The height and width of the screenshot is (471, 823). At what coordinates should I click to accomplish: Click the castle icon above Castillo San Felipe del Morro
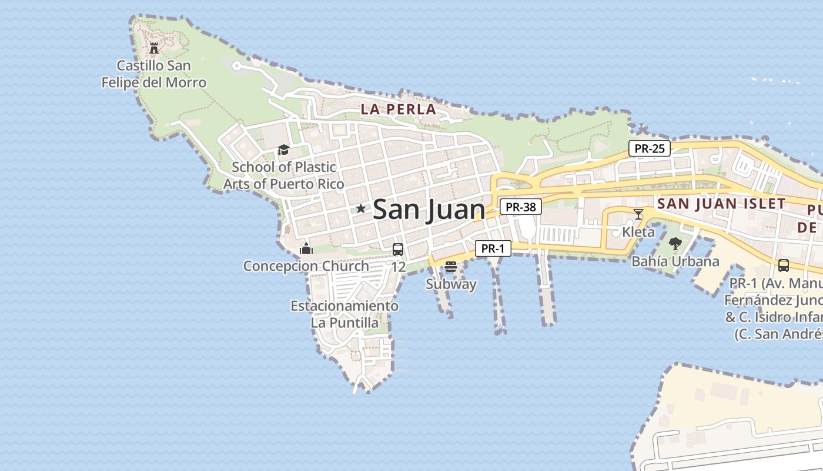(x=154, y=47)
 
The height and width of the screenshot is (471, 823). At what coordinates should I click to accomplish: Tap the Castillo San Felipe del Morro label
(x=154, y=74)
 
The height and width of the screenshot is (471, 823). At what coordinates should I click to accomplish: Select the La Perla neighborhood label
(x=399, y=109)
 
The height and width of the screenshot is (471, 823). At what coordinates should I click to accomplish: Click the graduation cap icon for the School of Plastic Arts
(x=283, y=150)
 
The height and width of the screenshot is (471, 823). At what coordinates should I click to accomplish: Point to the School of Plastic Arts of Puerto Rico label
(x=284, y=175)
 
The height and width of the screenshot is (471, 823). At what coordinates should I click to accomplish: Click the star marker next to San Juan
(x=360, y=208)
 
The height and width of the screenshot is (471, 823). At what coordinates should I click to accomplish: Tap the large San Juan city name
(x=429, y=210)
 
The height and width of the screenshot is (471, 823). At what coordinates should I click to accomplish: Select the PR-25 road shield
(x=650, y=148)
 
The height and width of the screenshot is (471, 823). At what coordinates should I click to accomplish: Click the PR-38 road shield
(x=521, y=207)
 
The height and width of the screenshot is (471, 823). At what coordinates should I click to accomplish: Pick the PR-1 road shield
(x=493, y=248)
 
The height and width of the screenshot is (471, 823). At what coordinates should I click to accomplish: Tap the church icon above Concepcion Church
(x=306, y=248)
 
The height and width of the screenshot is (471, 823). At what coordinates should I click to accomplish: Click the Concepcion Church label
(x=306, y=266)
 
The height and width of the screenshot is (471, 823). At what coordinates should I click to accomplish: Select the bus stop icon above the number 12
(x=398, y=249)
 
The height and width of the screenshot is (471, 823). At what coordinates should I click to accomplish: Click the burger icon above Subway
(x=451, y=267)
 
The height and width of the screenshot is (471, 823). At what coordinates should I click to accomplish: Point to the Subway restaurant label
(x=451, y=284)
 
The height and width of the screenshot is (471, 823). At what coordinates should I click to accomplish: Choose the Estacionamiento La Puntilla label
(x=344, y=314)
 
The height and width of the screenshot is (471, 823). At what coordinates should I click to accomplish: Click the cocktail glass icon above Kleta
(x=638, y=214)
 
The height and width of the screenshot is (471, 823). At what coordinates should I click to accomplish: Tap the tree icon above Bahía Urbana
(x=675, y=243)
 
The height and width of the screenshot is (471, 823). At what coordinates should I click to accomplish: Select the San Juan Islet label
(x=721, y=204)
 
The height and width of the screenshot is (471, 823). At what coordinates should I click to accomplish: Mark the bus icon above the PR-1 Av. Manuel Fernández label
(x=784, y=266)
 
